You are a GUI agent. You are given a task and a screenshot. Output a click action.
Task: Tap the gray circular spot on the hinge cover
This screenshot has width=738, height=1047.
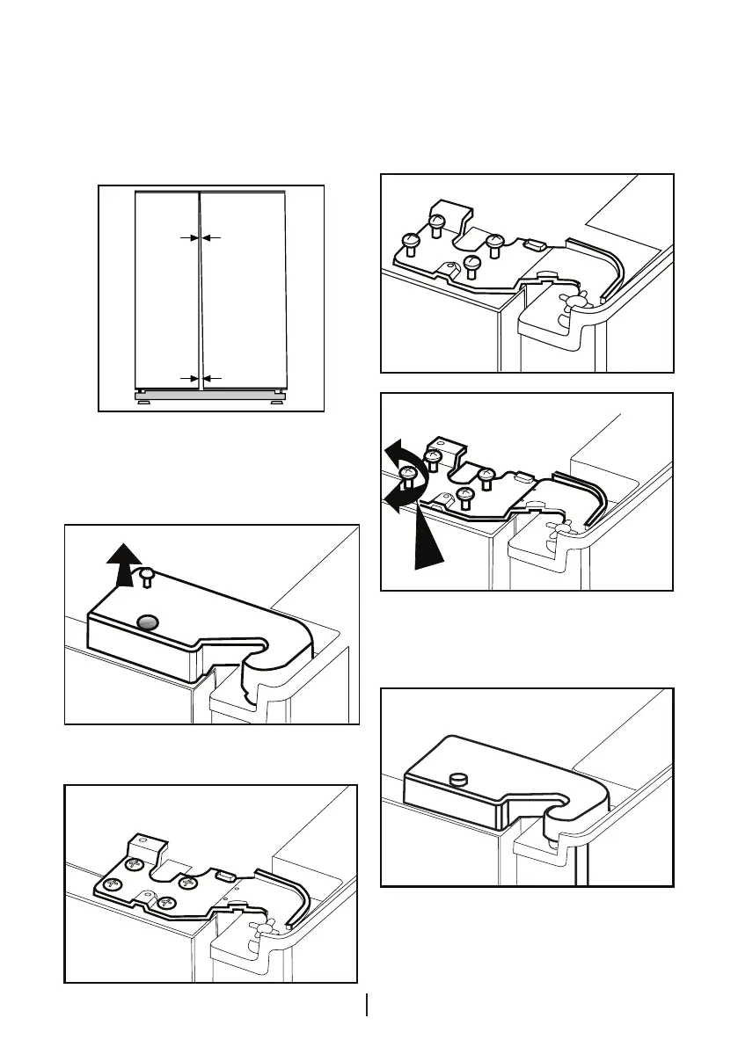(148, 622)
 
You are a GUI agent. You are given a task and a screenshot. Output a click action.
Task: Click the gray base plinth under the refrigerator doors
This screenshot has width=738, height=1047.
(211, 396)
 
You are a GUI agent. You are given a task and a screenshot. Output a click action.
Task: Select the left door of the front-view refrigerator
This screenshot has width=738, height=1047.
(167, 290)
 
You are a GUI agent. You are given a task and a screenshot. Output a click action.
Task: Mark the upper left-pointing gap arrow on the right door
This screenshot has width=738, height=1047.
(214, 237)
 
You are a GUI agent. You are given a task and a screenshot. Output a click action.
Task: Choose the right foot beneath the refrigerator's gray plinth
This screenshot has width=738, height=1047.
(277, 403)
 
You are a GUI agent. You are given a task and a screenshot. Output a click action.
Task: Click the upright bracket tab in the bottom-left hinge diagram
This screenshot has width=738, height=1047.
(144, 849)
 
